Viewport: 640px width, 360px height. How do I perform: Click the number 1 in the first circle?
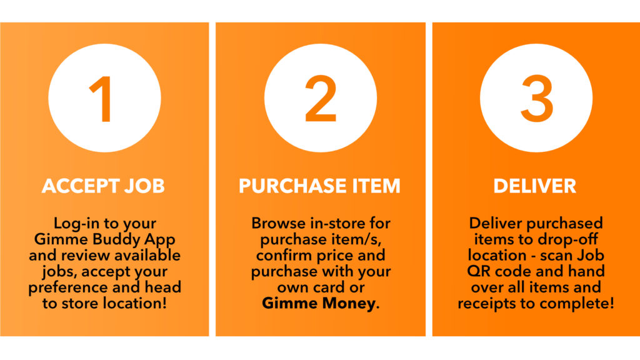pyautogui.click(x=101, y=99)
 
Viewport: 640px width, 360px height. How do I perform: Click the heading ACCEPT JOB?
pyautogui.click(x=103, y=186)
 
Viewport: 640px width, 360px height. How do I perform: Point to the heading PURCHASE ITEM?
pyautogui.click(x=319, y=186)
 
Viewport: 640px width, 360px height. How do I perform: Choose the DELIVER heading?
pyautogui.click(x=535, y=186)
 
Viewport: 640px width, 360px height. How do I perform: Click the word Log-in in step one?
pyautogui.click(x=76, y=224)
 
